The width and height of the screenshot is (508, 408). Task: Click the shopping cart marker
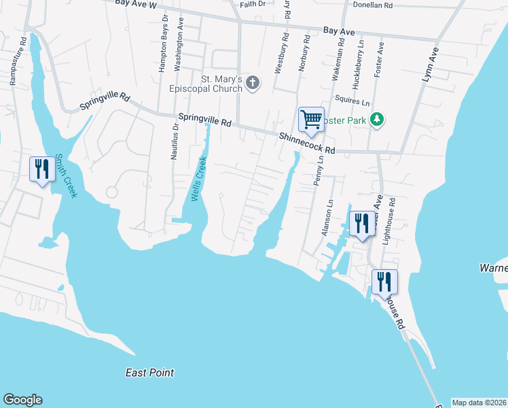(311, 120)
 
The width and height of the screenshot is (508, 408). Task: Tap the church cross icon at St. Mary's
(252, 83)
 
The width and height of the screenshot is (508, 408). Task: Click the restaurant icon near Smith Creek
(41, 169)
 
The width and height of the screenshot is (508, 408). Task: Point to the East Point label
(149, 373)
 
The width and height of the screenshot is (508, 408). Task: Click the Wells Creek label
(198, 179)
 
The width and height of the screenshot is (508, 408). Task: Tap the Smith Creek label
(67, 175)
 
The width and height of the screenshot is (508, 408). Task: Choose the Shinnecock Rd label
(308, 143)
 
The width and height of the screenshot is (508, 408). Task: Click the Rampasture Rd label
(19, 61)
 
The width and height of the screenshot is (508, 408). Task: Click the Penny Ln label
(319, 175)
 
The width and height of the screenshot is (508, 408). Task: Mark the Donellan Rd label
(369, 5)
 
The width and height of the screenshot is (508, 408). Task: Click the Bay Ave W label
(135, 4)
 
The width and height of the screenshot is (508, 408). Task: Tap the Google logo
(22, 400)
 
